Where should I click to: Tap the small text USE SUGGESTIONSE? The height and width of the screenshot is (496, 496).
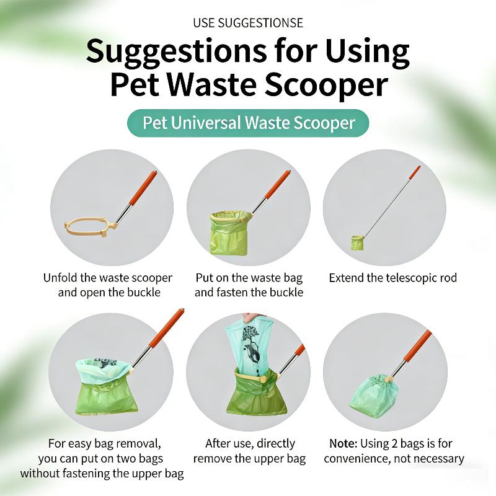[x=248, y=23]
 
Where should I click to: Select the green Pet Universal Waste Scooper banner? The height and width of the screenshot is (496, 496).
[x=248, y=123]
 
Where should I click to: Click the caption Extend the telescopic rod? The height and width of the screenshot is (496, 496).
[x=393, y=278]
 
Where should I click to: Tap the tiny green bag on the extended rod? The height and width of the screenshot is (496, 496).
[x=358, y=242]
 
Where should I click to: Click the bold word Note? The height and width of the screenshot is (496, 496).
[x=343, y=443]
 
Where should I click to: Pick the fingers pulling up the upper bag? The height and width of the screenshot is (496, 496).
[x=252, y=317]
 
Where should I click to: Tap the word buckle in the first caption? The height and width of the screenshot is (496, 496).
[x=144, y=292]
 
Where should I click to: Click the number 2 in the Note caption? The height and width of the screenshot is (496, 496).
[x=394, y=443]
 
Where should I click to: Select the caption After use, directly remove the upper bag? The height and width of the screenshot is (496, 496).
[x=250, y=451]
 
